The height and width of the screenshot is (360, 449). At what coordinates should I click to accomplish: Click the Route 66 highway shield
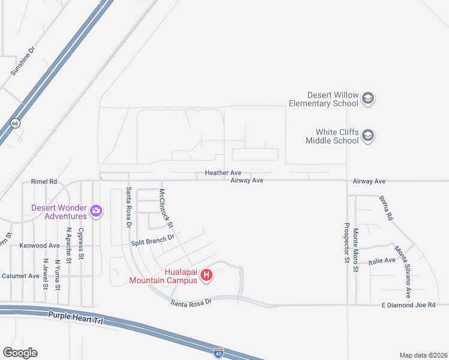[x=15, y=123]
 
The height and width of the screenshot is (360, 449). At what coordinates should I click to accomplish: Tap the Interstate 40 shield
[x=218, y=353]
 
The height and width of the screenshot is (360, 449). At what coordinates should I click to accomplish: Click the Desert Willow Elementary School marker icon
[x=368, y=99]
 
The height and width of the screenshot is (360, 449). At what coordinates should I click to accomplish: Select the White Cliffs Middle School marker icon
[x=368, y=136]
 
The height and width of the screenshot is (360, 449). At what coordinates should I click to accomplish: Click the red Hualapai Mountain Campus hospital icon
[x=206, y=275]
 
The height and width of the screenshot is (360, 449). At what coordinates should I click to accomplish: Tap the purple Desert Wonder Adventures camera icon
[x=95, y=211]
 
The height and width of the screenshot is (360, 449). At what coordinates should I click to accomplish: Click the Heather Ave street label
[x=223, y=173]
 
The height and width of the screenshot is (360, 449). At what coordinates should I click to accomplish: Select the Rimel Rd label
[x=44, y=181]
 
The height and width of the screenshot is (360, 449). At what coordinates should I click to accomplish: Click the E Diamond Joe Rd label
[x=408, y=305]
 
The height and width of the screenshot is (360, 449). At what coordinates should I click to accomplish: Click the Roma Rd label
[x=385, y=208]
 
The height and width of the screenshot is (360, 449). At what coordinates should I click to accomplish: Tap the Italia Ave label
[x=382, y=260]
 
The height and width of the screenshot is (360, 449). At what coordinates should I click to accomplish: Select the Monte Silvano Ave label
[x=402, y=264]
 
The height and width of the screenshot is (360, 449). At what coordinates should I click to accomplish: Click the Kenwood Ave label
[x=40, y=245]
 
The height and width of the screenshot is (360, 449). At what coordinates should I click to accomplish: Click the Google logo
[x=20, y=353]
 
